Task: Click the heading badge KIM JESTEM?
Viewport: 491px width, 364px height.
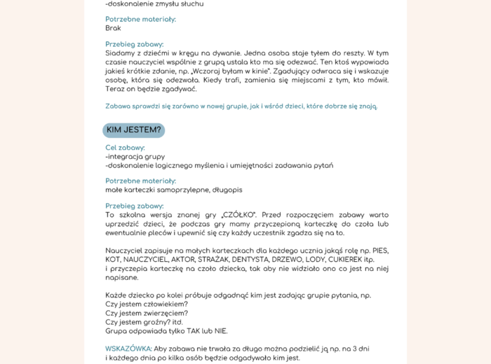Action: click(134, 130)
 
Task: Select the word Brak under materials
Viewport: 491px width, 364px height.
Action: click(113, 29)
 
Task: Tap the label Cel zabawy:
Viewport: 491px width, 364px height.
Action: click(125, 148)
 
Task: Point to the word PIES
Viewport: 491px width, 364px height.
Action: click(379, 250)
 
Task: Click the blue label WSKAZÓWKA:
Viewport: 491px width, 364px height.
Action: click(128, 349)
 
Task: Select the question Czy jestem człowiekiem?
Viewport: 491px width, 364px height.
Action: click(147, 304)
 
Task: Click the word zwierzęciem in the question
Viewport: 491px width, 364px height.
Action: click(161, 313)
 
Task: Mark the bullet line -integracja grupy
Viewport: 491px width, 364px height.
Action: click(135, 157)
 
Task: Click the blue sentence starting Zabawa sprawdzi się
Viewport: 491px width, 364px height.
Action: click(241, 106)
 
